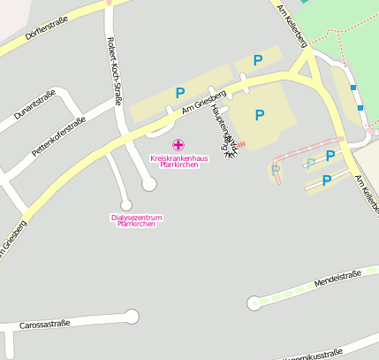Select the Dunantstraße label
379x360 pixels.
click(34, 104)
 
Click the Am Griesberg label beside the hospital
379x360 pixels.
click(205, 102)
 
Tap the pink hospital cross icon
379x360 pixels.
click(178, 144)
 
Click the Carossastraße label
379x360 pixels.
click(44, 325)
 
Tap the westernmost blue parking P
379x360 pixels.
click(180, 92)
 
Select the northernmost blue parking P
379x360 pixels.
click(258, 60)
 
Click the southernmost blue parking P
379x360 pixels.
click(326, 180)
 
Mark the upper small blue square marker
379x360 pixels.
click(353, 88)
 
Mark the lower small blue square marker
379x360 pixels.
click(360, 107)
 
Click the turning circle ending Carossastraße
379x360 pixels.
click(133, 316)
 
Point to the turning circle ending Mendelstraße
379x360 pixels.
click(254, 303)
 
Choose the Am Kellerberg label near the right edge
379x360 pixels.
click(367, 195)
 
